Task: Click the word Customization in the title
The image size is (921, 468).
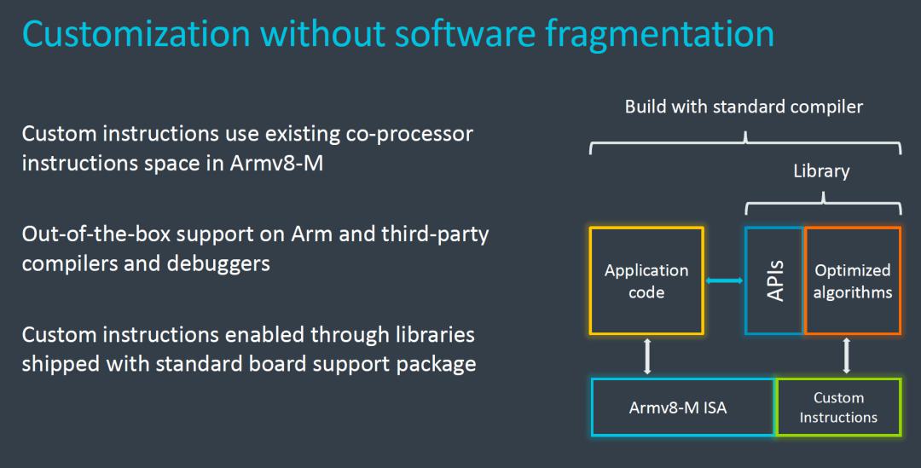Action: tap(136, 33)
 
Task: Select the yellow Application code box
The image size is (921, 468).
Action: tap(646, 280)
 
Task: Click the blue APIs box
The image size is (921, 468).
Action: tap(774, 280)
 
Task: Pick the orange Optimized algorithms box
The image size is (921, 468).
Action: tap(852, 280)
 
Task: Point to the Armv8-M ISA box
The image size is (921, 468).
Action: tap(682, 407)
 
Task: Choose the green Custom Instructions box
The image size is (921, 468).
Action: tap(838, 407)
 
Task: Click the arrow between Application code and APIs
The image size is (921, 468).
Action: tap(724, 280)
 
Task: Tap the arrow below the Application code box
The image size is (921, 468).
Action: tap(647, 355)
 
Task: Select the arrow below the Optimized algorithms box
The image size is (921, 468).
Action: tap(847, 355)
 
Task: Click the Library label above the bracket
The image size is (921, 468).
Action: tap(821, 170)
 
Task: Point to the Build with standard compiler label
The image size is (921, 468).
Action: tap(744, 107)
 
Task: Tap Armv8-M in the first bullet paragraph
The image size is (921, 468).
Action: tap(276, 163)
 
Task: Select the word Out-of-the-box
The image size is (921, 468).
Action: tap(96, 234)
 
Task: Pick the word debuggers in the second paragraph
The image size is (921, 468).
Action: tap(218, 263)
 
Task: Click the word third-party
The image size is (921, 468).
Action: tap(435, 235)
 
